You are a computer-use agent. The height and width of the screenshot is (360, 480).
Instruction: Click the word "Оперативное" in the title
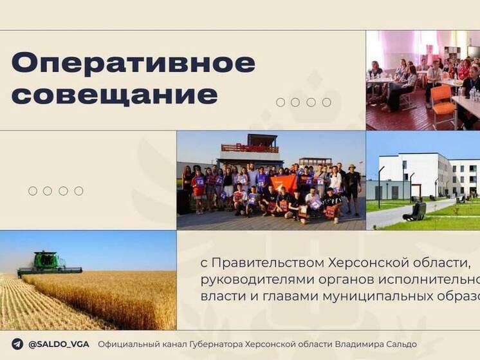tap(133, 63)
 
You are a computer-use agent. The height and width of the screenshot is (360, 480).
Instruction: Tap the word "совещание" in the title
tap(115, 94)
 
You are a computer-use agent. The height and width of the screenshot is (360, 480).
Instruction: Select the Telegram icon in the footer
tap(17, 344)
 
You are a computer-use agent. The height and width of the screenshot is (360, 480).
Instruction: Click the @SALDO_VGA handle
tap(59, 344)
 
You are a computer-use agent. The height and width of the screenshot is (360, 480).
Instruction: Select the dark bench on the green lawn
tap(415, 211)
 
